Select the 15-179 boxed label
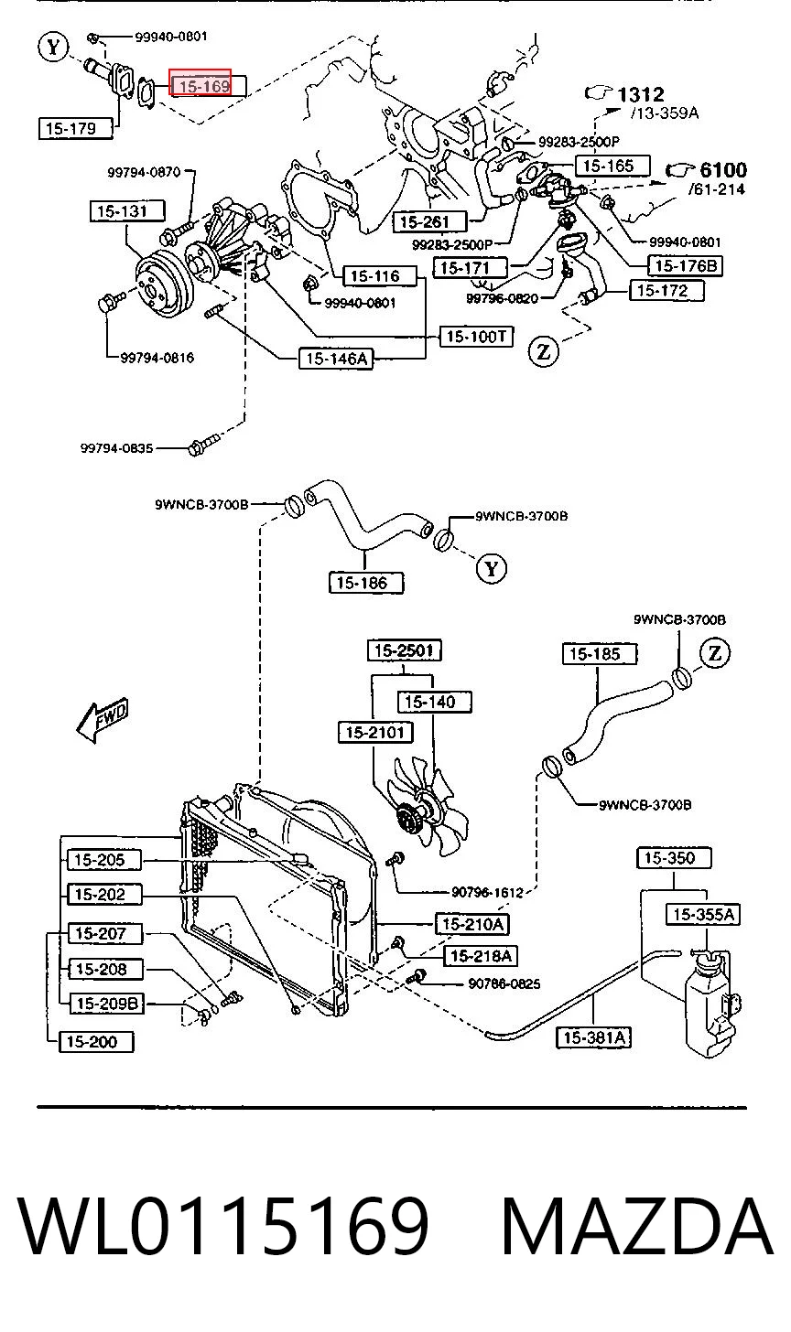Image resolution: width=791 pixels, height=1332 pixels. coord(76,128)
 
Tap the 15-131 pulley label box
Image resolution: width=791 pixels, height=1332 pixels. coord(126,211)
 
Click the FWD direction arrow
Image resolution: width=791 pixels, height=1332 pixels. coord(103,719)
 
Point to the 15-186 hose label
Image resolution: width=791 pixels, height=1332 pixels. coord(366,583)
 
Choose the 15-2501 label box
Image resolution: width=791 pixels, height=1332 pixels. coord(404,650)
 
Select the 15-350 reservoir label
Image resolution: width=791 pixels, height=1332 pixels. coord(675,857)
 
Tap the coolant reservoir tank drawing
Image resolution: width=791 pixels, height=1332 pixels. coord(712,1003)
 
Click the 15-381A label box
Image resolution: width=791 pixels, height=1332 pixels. coord(593,1037)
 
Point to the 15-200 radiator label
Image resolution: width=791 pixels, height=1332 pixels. coord(96,1041)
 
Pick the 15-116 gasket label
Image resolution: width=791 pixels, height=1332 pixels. coord(380,276)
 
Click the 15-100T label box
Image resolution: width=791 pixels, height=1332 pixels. coord(475,337)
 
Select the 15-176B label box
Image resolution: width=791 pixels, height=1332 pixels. coord(685,266)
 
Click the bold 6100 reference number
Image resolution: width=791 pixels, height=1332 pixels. coord(723,170)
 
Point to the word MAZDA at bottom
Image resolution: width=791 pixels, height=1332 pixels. coord(637,1227)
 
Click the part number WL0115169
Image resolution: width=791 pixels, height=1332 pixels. coord(223,1227)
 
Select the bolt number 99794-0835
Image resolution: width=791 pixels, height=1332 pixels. coord(116,447)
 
